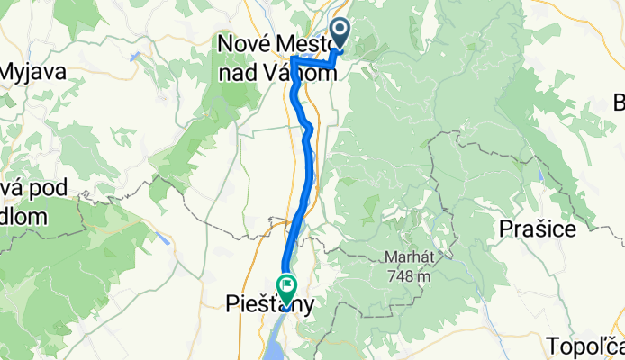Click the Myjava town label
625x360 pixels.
pyautogui.click(x=33, y=73)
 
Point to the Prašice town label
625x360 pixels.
pyautogui.click(x=538, y=229)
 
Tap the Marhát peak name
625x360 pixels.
pyautogui.click(x=405, y=256)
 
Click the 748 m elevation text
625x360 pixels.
pyautogui.click(x=405, y=275)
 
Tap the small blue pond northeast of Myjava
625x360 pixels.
pyautogui.click(x=134, y=56)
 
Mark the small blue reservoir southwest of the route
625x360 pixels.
pyautogui.click(x=162, y=238)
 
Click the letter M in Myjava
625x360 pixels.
pyautogui.click(x=9, y=73)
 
